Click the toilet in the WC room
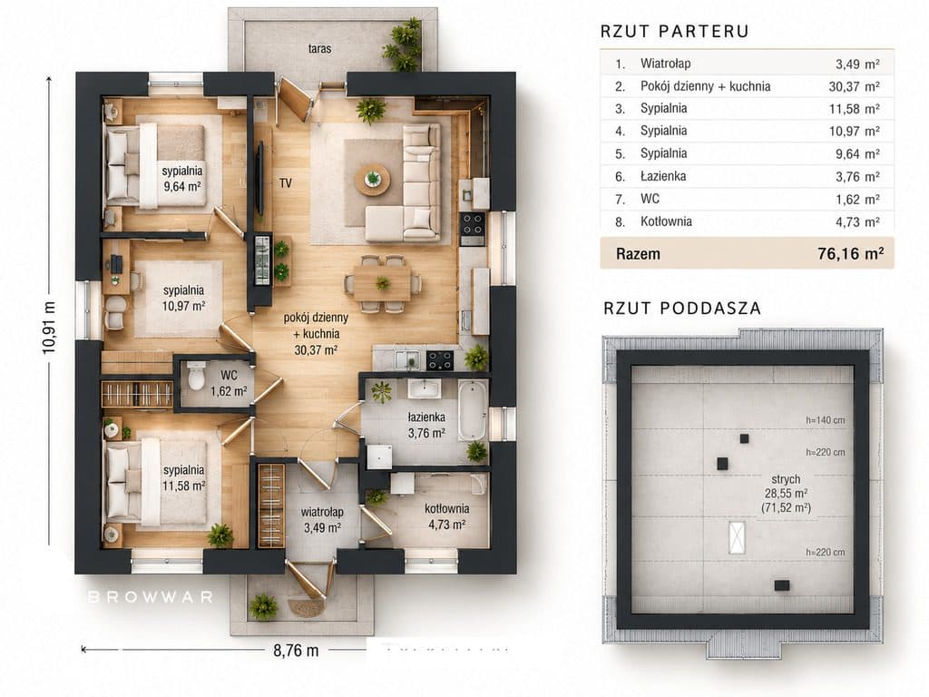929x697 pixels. (196, 376)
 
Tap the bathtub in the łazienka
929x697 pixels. (472, 410)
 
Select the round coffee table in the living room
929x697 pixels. (373, 179)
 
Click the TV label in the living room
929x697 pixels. (286, 183)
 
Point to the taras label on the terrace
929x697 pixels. (319, 49)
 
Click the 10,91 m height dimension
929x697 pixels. (49, 328)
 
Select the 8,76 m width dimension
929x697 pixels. (296, 650)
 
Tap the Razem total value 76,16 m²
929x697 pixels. (851, 254)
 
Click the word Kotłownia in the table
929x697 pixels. (666, 221)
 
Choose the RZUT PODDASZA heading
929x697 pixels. (682, 309)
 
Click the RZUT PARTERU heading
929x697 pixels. (675, 32)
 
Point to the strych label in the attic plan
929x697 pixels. (786, 479)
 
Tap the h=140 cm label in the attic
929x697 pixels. (826, 420)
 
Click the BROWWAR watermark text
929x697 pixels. (151, 597)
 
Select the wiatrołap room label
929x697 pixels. (322, 512)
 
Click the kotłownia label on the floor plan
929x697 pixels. (446, 508)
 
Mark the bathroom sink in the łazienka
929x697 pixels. (424, 388)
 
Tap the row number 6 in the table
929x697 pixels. (621, 177)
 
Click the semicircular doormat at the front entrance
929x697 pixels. (307, 607)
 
